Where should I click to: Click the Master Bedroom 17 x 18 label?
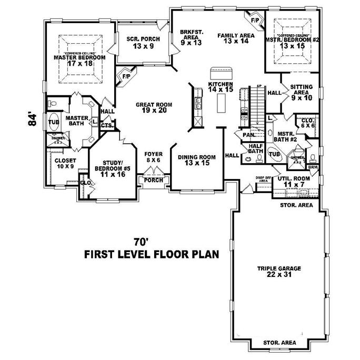pos(80,61)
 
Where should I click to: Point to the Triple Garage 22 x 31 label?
pos(279,272)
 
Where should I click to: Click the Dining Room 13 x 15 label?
pos(197,160)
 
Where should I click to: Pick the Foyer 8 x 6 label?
pos(154,157)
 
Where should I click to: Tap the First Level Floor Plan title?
pos(152,255)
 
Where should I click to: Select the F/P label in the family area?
pos(255,20)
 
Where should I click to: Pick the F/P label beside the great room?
pos(126,76)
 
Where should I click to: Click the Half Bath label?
pos(256,149)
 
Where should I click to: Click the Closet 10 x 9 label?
pos(65,163)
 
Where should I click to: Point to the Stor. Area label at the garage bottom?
pos(280,344)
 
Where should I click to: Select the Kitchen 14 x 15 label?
pos(220,87)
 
